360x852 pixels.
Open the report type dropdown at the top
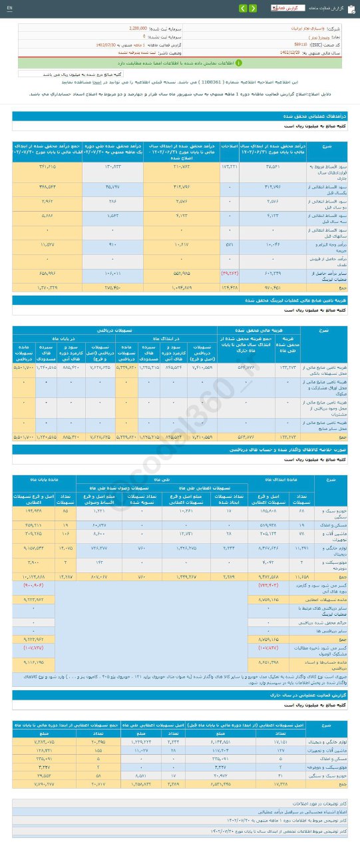coord(282,8)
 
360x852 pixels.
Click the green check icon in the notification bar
coord(239,63)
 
